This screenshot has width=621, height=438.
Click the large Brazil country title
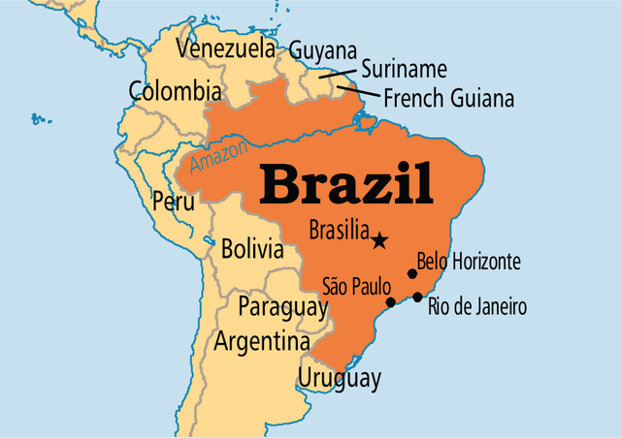[347, 184]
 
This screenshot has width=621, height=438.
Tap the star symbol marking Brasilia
[379, 240]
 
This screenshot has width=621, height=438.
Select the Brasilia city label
[338, 231]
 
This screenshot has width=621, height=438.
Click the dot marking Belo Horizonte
[411, 275]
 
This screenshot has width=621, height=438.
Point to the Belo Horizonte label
[469, 261]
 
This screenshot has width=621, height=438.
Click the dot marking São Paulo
[391, 302]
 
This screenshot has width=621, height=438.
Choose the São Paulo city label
[356, 286]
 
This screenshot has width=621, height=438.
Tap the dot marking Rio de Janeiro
[417, 297]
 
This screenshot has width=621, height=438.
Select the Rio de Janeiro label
[477, 308]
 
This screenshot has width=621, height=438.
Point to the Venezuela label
[226, 48]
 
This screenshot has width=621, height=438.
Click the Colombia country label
[175, 92]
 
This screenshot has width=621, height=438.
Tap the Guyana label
[322, 50]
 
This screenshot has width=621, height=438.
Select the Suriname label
[404, 69]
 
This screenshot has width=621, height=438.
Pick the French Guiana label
[448, 98]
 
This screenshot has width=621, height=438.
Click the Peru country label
[173, 202]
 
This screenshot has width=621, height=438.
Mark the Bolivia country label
[252, 249]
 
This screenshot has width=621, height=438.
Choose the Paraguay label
[282, 307]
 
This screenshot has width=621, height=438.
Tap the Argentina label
[262, 341]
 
